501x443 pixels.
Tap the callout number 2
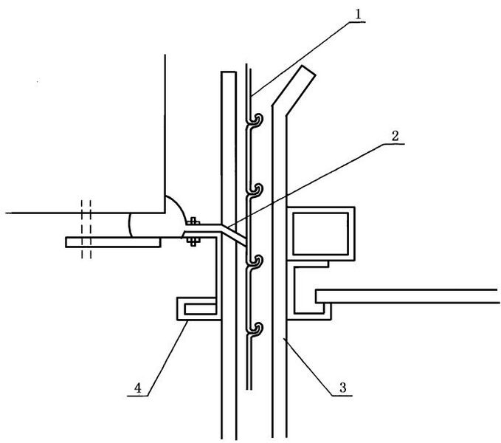[x=395, y=136]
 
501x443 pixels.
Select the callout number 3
[x=343, y=388]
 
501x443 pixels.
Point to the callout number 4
[x=138, y=388]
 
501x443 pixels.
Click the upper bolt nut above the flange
[x=193, y=221]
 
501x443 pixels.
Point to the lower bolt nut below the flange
[x=193, y=241]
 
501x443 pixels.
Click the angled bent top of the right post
[x=294, y=89]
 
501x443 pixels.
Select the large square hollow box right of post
[x=320, y=234]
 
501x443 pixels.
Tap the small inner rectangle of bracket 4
[x=201, y=309]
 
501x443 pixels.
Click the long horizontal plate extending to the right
[x=407, y=296]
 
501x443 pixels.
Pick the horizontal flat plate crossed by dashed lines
[x=113, y=242]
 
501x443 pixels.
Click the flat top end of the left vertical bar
[x=229, y=72]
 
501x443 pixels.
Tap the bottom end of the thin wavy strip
[x=249, y=389]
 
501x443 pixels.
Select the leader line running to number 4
[x=167, y=359]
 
